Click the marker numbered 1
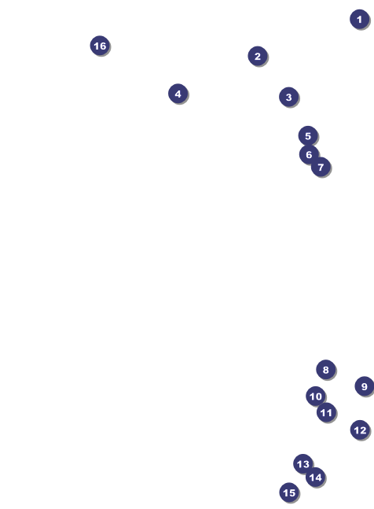(359, 19)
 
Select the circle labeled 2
(258, 56)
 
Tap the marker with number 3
(289, 97)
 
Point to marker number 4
(178, 94)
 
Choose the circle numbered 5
(308, 135)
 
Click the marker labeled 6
(309, 154)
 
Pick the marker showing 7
(321, 167)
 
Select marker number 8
(326, 370)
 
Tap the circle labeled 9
(365, 386)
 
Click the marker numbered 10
(316, 396)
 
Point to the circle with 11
(326, 412)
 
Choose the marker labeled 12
(360, 430)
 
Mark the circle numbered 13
(303, 464)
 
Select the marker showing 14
(315, 478)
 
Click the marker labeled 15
(289, 492)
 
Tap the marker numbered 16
(100, 46)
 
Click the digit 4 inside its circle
(178, 94)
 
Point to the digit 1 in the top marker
(359, 19)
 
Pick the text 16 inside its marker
(100, 46)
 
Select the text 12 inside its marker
(360, 430)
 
